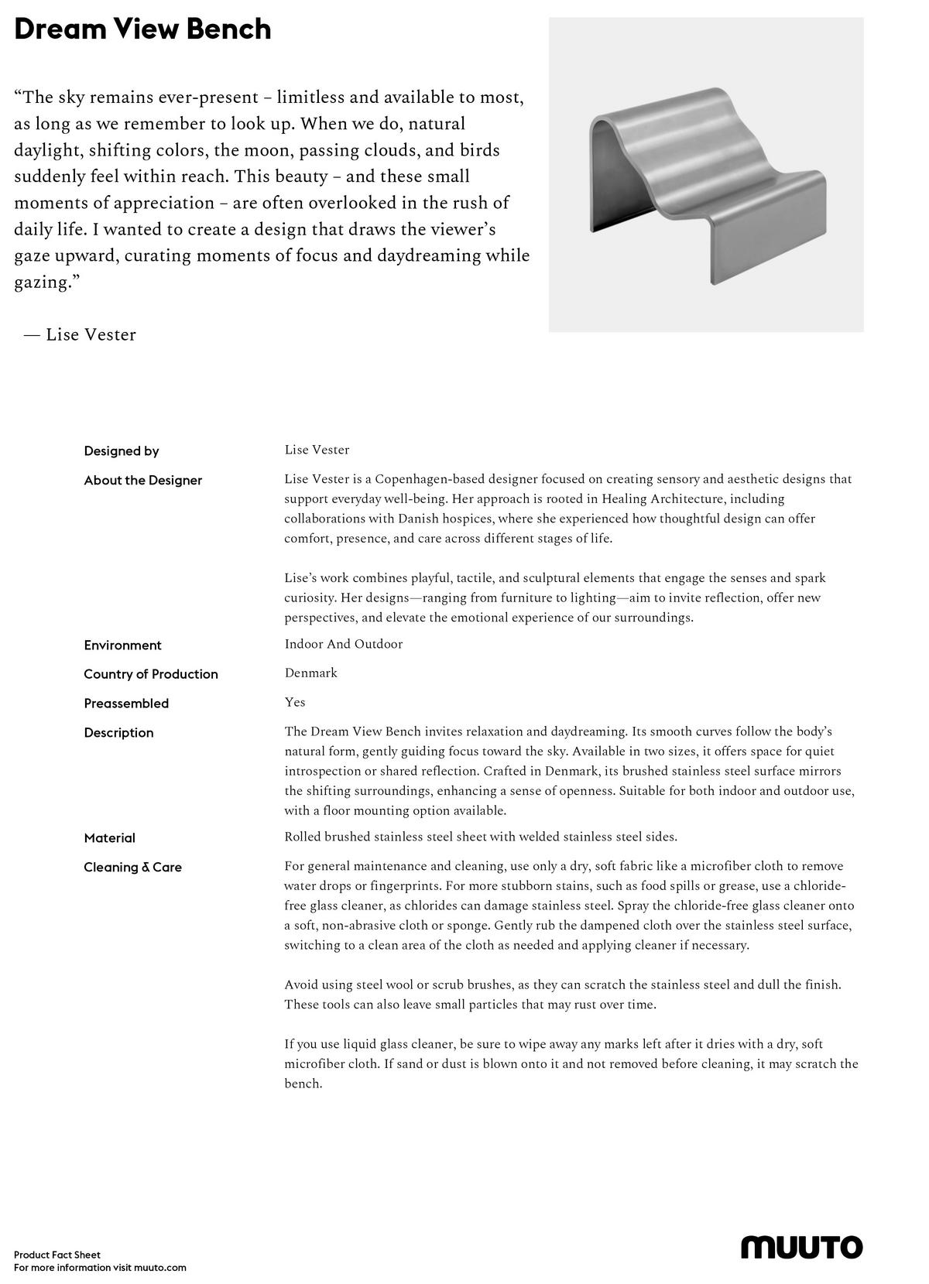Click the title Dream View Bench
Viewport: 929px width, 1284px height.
point(142,29)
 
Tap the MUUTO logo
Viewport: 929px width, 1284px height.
point(801,1247)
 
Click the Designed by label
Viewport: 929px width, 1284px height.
point(122,451)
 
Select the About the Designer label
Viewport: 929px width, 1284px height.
point(142,481)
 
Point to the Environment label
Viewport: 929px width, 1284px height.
point(122,645)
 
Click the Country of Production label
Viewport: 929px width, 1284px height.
point(151,674)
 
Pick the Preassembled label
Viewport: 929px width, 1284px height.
point(126,704)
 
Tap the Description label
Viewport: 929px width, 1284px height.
point(118,733)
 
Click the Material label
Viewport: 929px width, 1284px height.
point(109,838)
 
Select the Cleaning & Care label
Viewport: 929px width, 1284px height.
point(132,868)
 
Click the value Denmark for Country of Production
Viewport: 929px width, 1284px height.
point(310,673)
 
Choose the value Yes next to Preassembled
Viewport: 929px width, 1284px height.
point(295,703)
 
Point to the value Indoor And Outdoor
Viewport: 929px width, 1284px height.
point(343,645)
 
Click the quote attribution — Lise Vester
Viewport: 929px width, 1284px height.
point(80,335)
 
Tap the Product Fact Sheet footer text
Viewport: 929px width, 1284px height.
point(57,1255)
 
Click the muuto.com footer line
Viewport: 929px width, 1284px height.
point(100,1268)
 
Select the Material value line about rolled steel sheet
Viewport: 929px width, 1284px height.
point(480,837)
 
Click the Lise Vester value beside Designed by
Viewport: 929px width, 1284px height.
point(317,450)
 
